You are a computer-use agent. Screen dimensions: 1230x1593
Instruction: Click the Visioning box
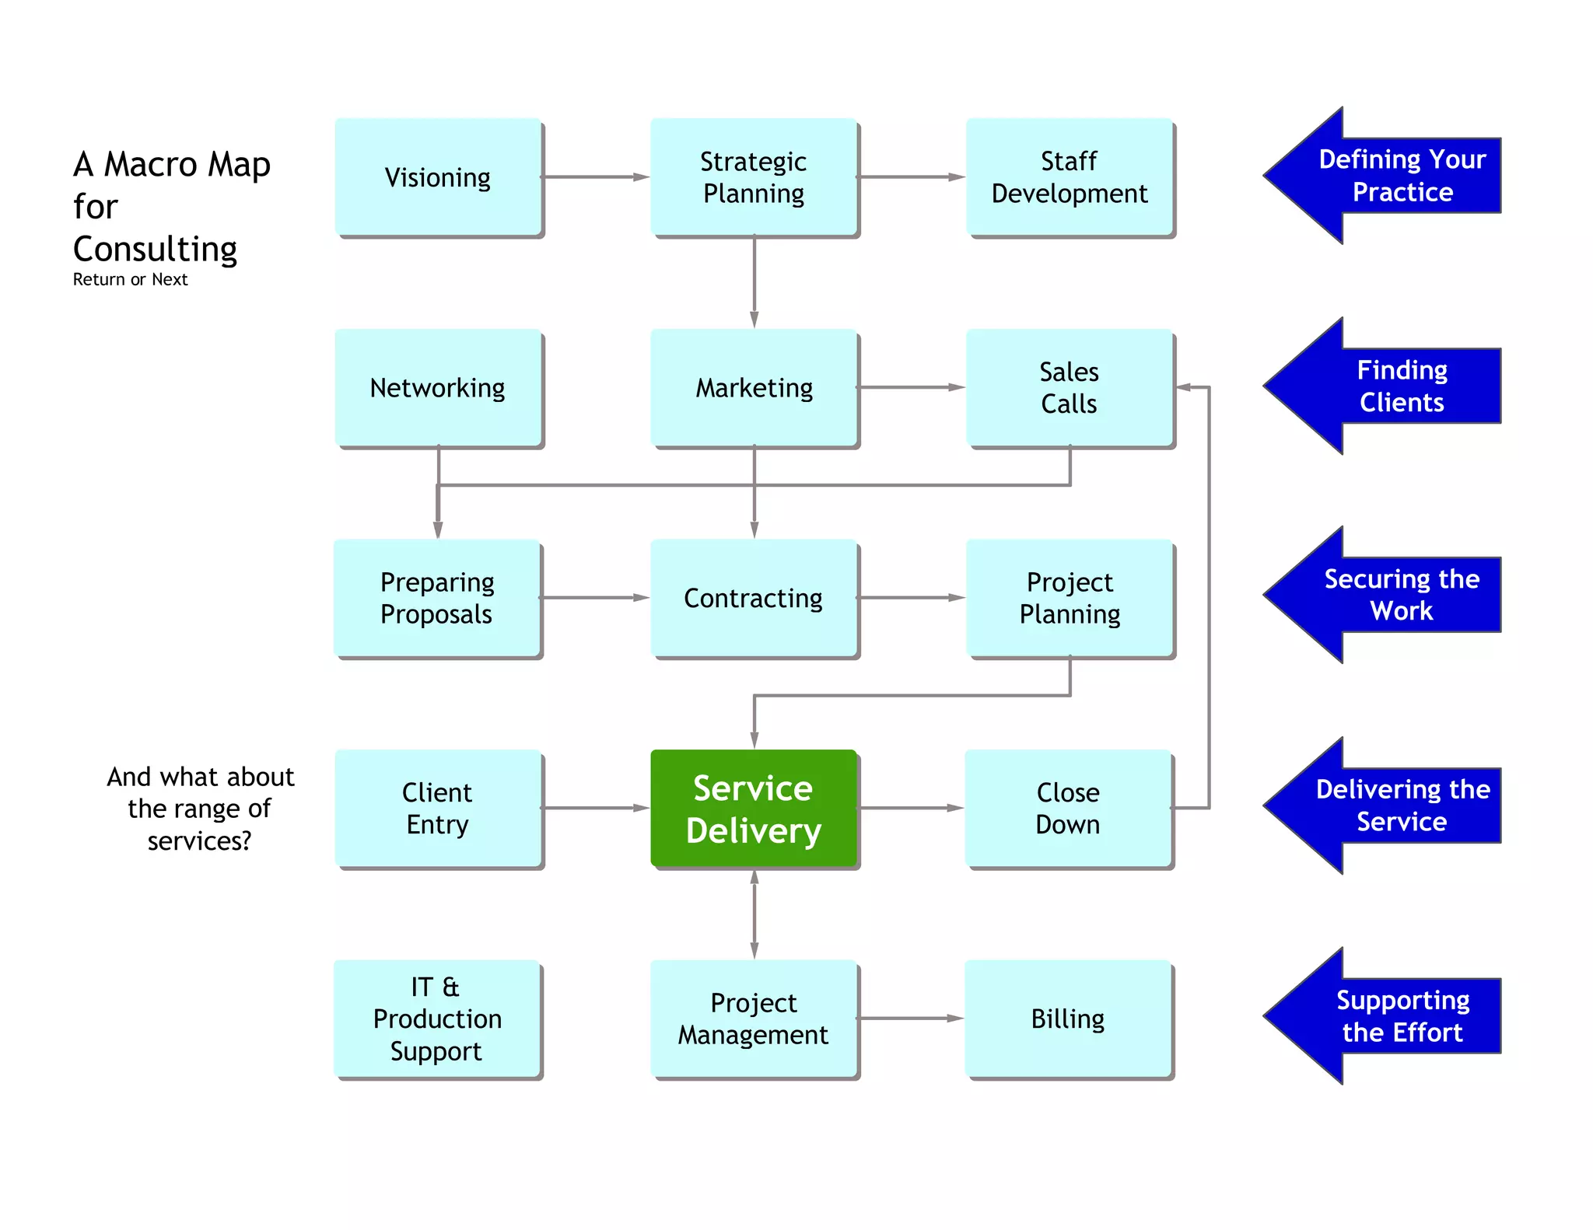coord(438,177)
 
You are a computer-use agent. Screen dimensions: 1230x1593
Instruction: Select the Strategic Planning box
coord(753,177)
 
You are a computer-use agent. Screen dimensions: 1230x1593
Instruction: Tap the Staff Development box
coord(1069,177)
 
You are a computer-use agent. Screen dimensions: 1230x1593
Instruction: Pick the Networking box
coord(438,387)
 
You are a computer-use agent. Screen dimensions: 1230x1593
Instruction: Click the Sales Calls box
coord(1069,387)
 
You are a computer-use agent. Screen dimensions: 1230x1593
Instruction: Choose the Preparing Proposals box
coord(437,598)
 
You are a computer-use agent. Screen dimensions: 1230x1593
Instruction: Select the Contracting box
coord(753,598)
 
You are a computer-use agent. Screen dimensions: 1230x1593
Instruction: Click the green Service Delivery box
coord(753,809)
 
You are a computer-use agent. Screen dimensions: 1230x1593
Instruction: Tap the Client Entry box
coord(438,809)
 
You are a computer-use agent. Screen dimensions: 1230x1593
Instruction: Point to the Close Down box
coord(1068,809)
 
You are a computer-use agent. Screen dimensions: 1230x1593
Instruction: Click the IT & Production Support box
coord(437,1019)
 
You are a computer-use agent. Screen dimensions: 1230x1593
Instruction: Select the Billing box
coord(1068,1019)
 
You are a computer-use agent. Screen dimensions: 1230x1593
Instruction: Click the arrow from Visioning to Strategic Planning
coord(595,177)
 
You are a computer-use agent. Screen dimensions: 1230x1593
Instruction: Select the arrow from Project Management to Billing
coord(910,1019)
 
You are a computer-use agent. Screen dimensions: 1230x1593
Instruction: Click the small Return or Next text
coord(130,280)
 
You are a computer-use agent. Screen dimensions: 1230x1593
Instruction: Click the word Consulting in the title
coord(155,250)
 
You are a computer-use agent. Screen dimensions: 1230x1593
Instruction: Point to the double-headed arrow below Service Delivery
coord(754,914)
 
